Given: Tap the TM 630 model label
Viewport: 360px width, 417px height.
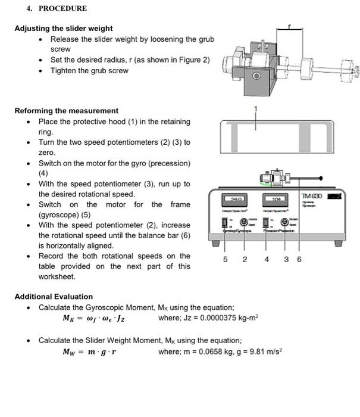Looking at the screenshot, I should [x=311, y=197].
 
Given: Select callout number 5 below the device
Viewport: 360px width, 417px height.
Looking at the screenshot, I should [x=225, y=260].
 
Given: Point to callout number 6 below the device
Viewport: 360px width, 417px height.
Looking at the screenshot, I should [x=299, y=260].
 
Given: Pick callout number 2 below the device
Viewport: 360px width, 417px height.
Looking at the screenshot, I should [x=244, y=260].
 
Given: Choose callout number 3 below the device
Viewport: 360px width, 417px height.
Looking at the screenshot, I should [x=286, y=260].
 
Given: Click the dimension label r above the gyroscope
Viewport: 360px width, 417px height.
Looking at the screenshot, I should [x=290, y=27].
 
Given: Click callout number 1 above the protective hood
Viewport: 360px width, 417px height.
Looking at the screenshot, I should [x=256, y=108].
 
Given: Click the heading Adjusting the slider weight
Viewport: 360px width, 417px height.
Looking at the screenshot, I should [x=64, y=28].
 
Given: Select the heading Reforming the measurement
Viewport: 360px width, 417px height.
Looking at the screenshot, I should [x=67, y=110].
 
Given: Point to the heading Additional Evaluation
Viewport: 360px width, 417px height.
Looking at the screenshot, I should [x=54, y=296].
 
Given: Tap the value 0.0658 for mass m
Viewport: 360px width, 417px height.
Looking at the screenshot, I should [x=205, y=351].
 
